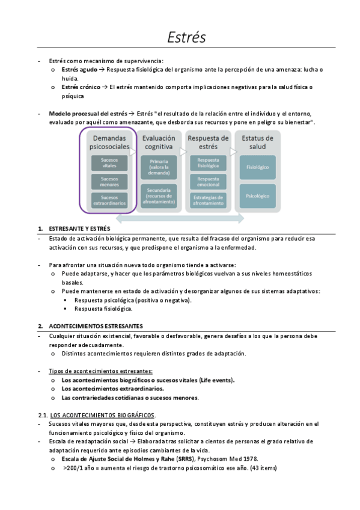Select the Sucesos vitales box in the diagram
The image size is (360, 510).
tap(109, 163)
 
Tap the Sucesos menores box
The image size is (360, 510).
tap(109, 182)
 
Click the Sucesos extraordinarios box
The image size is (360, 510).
tap(109, 200)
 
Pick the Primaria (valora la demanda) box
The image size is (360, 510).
tap(159, 167)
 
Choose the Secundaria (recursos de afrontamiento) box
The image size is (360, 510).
tap(159, 195)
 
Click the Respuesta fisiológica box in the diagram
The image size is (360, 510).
tap(208, 163)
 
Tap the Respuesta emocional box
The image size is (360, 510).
tap(208, 182)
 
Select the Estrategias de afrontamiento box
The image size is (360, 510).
tap(208, 200)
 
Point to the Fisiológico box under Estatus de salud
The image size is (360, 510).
tap(257, 167)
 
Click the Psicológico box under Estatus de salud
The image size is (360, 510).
tap(257, 195)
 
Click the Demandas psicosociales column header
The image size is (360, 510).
tap(109, 142)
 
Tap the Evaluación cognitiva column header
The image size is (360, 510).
tap(159, 142)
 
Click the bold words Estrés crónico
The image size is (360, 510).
tap(81, 87)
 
